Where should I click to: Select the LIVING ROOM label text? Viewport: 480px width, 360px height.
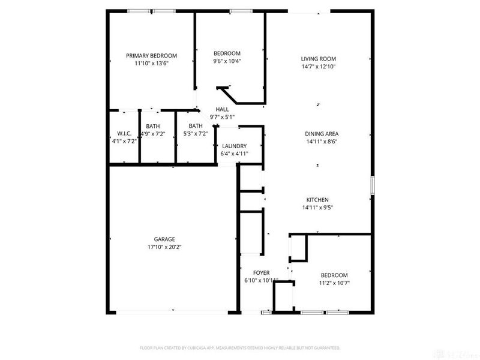(x=318, y=59)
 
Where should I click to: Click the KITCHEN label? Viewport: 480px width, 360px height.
(x=318, y=200)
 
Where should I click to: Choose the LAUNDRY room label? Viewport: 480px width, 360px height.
(x=234, y=146)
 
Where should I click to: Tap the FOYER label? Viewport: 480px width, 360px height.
(x=261, y=273)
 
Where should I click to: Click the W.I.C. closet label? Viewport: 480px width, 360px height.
(x=124, y=134)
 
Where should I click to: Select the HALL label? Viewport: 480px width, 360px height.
(x=222, y=109)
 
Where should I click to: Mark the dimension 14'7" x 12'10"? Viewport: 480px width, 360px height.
(x=318, y=67)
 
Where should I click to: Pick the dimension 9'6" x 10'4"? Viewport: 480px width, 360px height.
(x=227, y=61)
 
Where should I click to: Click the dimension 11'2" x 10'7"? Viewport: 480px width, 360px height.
(x=335, y=283)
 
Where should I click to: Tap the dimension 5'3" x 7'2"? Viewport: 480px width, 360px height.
(x=196, y=134)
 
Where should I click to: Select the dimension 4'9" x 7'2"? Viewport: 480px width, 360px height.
(x=153, y=134)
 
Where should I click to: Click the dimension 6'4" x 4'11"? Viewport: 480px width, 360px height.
(x=234, y=154)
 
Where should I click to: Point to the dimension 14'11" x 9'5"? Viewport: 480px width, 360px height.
(x=318, y=208)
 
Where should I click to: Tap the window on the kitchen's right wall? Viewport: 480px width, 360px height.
(x=373, y=185)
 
